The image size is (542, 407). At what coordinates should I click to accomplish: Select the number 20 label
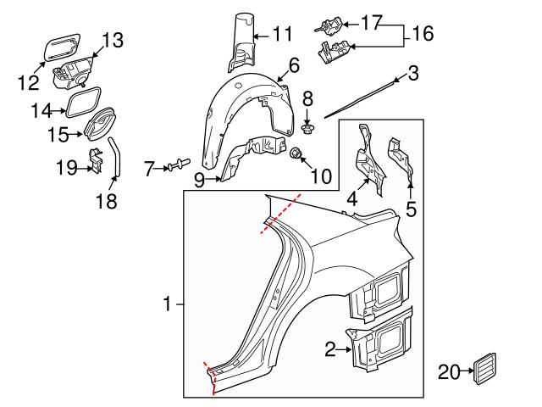click(x=448, y=370)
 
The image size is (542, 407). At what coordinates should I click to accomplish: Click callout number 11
click(x=282, y=35)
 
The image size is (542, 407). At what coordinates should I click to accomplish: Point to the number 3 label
click(x=412, y=74)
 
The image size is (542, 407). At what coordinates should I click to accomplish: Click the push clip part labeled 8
click(x=308, y=130)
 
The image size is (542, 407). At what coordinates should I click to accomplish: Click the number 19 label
click(x=65, y=168)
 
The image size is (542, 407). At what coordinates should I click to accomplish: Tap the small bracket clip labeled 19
click(x=97, y=161)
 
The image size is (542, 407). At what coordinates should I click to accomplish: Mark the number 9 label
click(x=199, y=179)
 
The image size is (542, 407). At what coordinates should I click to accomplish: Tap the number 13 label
click(x=113, y=39)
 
